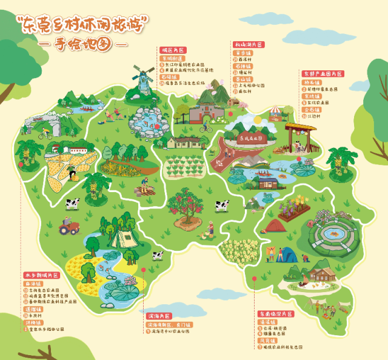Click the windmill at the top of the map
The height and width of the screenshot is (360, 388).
[143, 78]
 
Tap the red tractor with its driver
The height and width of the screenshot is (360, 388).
[68, 227]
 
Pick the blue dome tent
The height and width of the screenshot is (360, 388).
[289, 254]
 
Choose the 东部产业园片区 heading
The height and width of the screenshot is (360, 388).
[323, 73]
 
